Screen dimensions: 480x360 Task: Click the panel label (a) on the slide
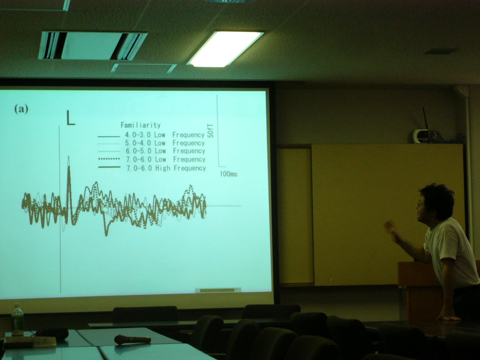tap(21, 109)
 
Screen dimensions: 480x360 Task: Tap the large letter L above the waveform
tap(70, 118)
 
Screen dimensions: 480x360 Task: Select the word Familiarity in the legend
tap(141, 125)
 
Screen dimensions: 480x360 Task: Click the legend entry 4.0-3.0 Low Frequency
tap(165, 135)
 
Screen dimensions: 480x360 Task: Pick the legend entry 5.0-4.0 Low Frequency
tap(165, 143)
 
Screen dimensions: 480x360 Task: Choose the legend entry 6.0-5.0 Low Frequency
tap(165, 151)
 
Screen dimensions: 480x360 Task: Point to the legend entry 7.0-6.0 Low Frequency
tap(166, 159)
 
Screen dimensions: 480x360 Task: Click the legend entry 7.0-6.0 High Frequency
tap(166, 168)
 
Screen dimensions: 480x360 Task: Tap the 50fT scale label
tap(211, 131)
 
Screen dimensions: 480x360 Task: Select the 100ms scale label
tap(228, 174)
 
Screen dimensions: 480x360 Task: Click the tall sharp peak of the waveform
tap(69, 156)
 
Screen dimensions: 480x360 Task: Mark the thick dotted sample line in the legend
tap(109, 159)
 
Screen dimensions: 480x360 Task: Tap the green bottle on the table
tap(17, 319)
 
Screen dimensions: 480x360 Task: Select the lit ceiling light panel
tap(225, 49)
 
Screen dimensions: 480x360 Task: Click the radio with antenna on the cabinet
tap(420, 133)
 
